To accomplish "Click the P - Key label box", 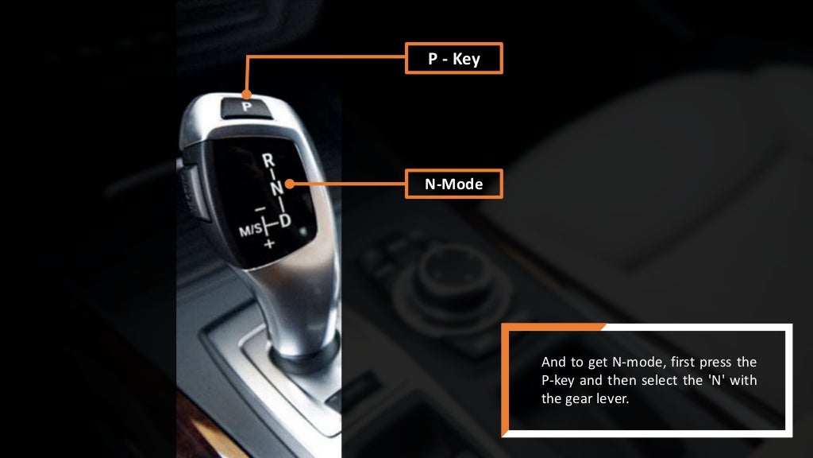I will (453, 58).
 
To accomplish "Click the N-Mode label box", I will (453, 184).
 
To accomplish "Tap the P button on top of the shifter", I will (246, 105).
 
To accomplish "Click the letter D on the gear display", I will (285, 218).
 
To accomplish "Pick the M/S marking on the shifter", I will (250, 230).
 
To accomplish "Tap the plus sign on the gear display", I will (268, 243).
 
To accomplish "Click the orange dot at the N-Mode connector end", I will (290, 184).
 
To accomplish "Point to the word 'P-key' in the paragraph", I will (558, 380).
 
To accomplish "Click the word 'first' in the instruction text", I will (680, 362).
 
